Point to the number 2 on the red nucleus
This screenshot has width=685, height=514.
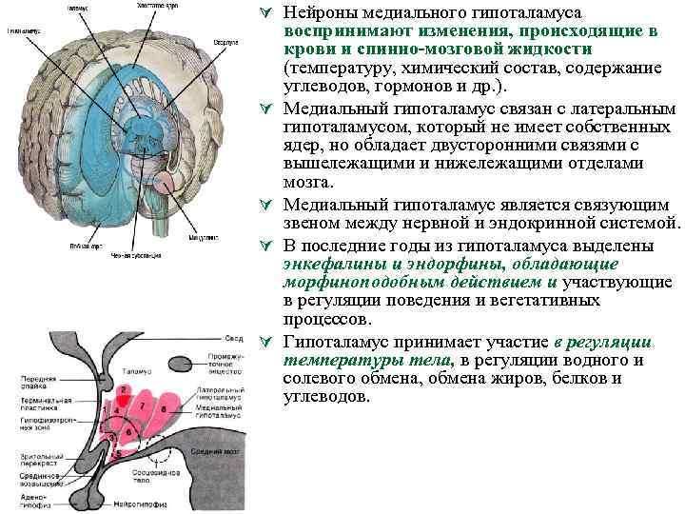(124, 391)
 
